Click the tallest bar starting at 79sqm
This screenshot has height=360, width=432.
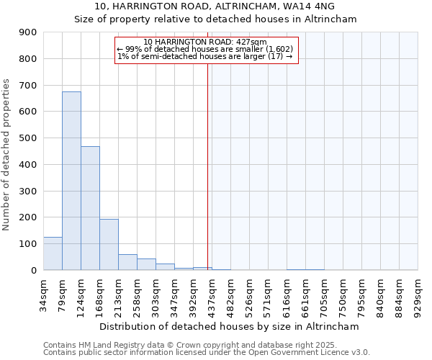tap(71, 181)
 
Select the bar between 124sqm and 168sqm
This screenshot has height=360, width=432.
tap(90, 208)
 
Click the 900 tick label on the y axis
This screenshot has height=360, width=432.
tap(29, 32)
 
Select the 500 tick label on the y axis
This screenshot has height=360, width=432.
tap(29, 138)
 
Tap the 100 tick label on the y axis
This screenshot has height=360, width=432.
tap(29, 244)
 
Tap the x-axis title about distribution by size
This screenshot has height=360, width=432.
tap(229, 326)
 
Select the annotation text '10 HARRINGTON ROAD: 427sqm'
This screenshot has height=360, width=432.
tap(205, 42)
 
